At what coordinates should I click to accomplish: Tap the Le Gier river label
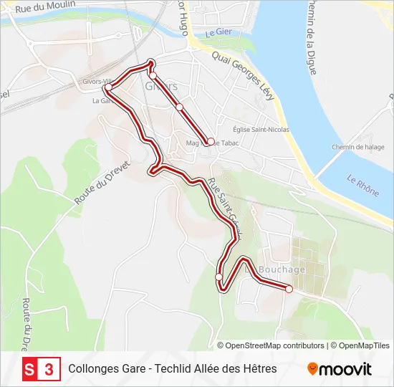220,33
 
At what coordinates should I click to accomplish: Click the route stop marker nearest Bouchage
289,289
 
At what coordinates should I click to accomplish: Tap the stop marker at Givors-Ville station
108,89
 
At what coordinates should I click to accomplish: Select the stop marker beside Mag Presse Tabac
211,141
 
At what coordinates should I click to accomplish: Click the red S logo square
30,369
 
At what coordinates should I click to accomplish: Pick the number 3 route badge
49,369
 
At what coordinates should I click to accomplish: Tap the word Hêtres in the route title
259,369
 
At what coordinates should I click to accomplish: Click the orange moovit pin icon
312,369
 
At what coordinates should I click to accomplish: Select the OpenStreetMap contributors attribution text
275,345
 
